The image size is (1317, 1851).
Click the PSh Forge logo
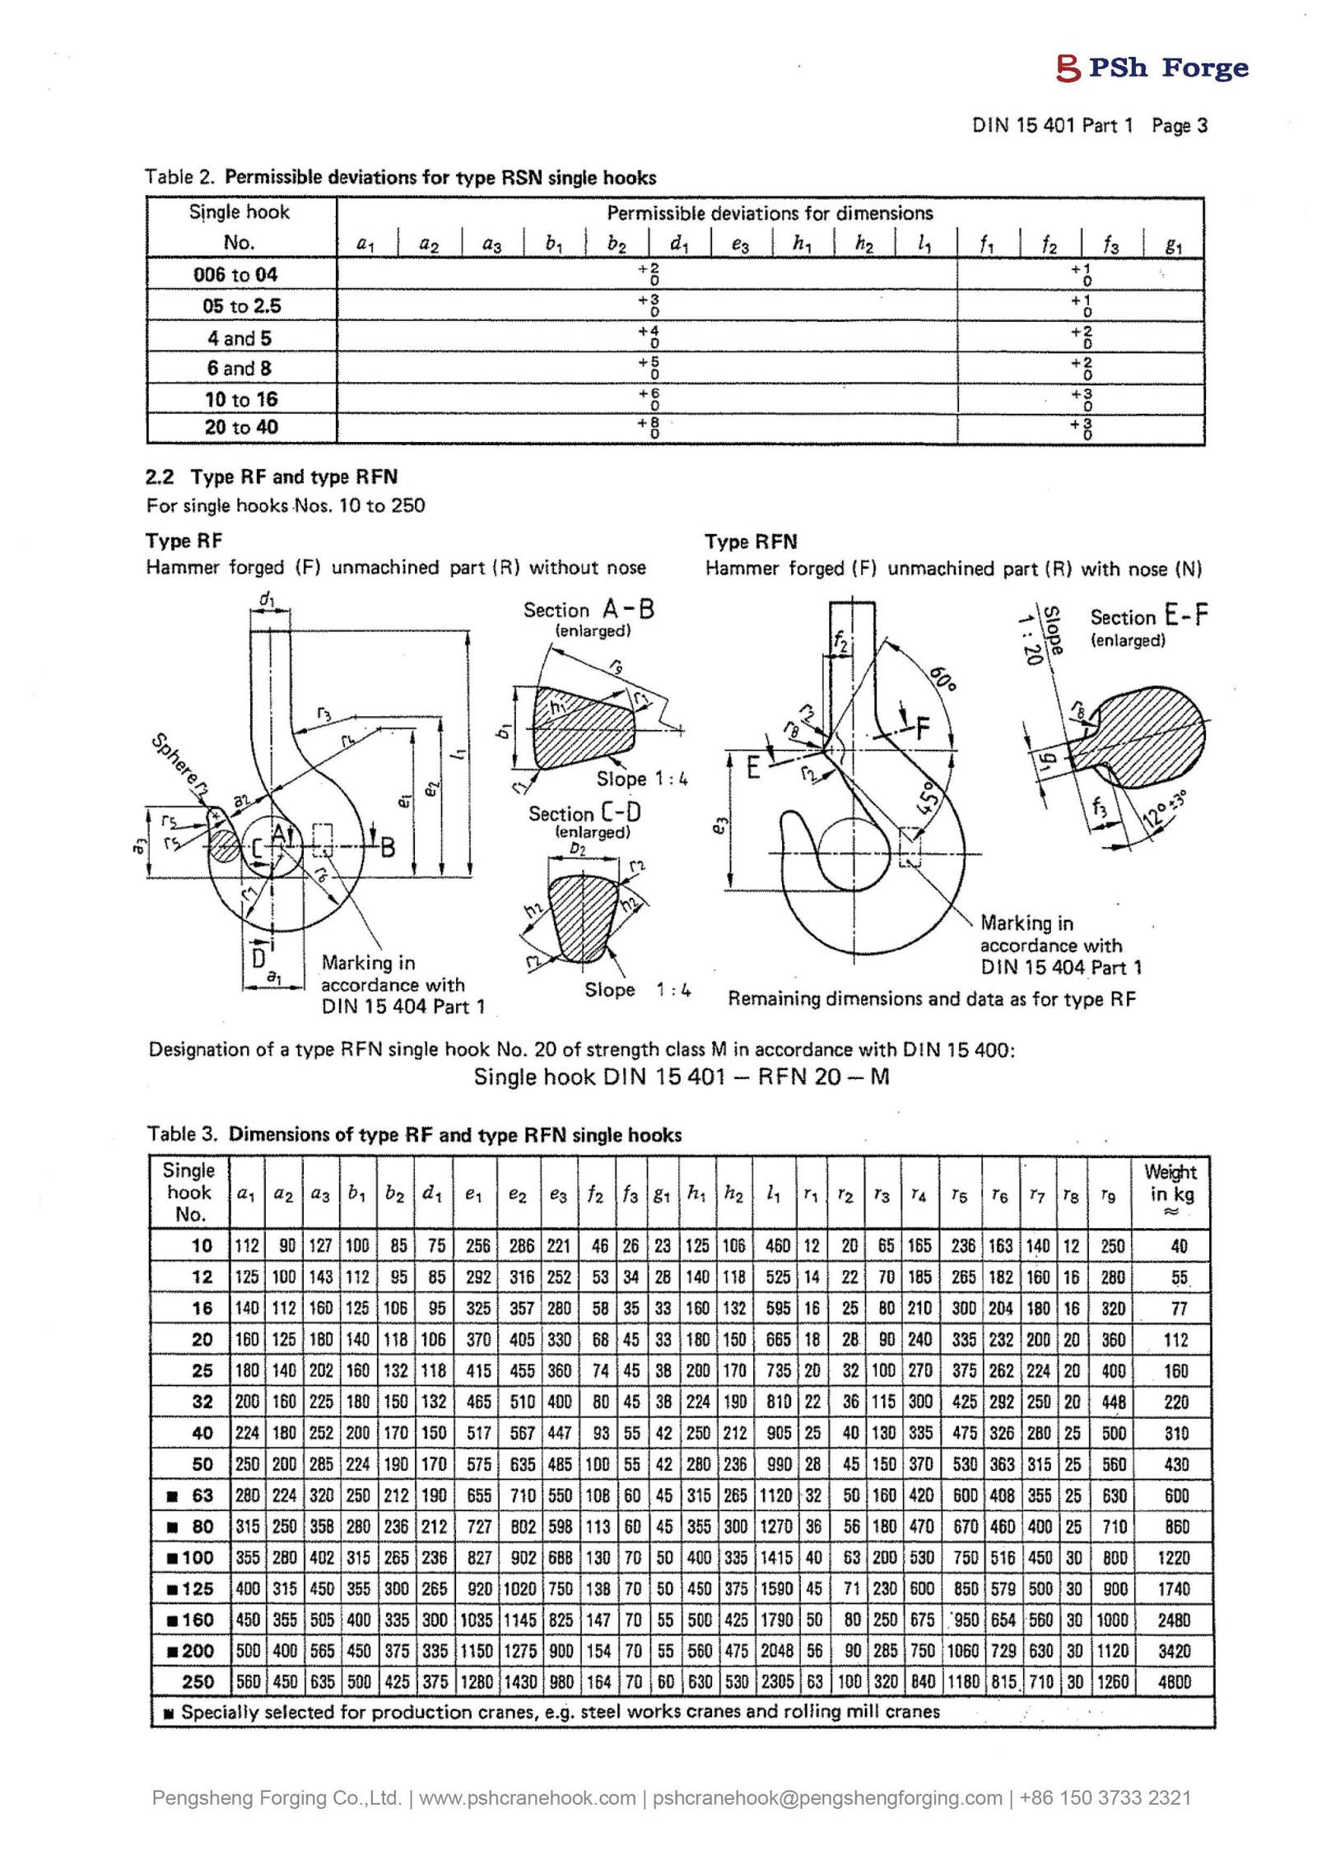[1152, 67]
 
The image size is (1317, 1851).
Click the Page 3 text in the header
[1179, 126]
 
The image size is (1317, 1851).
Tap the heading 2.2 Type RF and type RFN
[272, 477]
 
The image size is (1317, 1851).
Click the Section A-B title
[589, 610]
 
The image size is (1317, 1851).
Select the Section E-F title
[1148, 616]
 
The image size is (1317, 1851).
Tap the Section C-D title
[584, 813]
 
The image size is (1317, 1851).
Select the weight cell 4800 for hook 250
[1174, 1682]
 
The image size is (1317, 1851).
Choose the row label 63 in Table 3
[202, 1495]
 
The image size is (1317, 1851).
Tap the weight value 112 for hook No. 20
[1175, 1340]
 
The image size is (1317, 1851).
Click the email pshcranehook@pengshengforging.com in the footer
[827, 1798]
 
